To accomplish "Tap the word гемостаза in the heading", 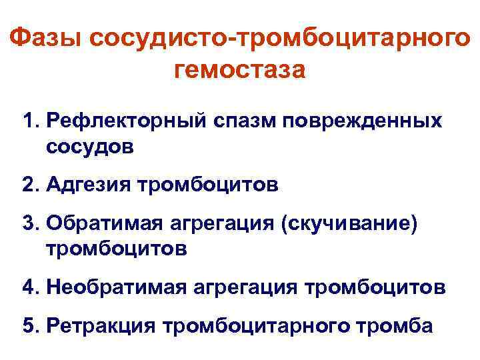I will coord(239,68).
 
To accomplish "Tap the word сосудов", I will coord(90,146).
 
